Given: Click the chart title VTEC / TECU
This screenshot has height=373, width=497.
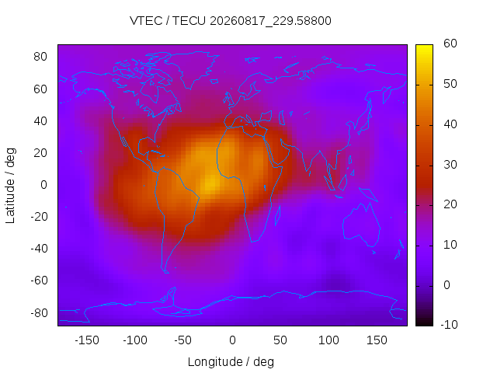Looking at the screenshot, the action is click(168, 21).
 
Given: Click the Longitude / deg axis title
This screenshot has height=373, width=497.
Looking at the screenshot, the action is click(231, 362).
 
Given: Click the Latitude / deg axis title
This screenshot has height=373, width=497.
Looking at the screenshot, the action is click(10, 186).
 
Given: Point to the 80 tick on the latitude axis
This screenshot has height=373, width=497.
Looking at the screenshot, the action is click(40, 57).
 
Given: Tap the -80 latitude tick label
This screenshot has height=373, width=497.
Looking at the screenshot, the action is click(39, 313).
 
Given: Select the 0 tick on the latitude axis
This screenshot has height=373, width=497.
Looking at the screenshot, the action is click(43, 185).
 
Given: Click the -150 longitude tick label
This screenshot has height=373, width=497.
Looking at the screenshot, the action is click(87, 340).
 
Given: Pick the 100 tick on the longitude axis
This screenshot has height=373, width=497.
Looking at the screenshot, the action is click(328, 340).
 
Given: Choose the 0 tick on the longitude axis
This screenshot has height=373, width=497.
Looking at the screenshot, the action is click(232, 340).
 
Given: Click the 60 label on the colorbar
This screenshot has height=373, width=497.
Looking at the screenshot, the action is click(450, 44).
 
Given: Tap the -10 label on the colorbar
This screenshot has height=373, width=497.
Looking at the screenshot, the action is click(449, 325).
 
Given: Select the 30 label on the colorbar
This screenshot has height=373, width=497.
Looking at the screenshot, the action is click(450, 165).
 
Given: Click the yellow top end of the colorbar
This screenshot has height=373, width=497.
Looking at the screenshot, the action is click(424, 47).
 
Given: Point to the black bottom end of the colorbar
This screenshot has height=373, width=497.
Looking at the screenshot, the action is click(424, 324).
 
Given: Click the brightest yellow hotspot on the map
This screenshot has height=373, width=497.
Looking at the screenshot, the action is click(210, 186).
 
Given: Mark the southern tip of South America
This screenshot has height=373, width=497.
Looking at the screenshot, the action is click(166, 273).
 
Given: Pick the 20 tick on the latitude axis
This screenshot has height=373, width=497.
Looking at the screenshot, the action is click(40, 153).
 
